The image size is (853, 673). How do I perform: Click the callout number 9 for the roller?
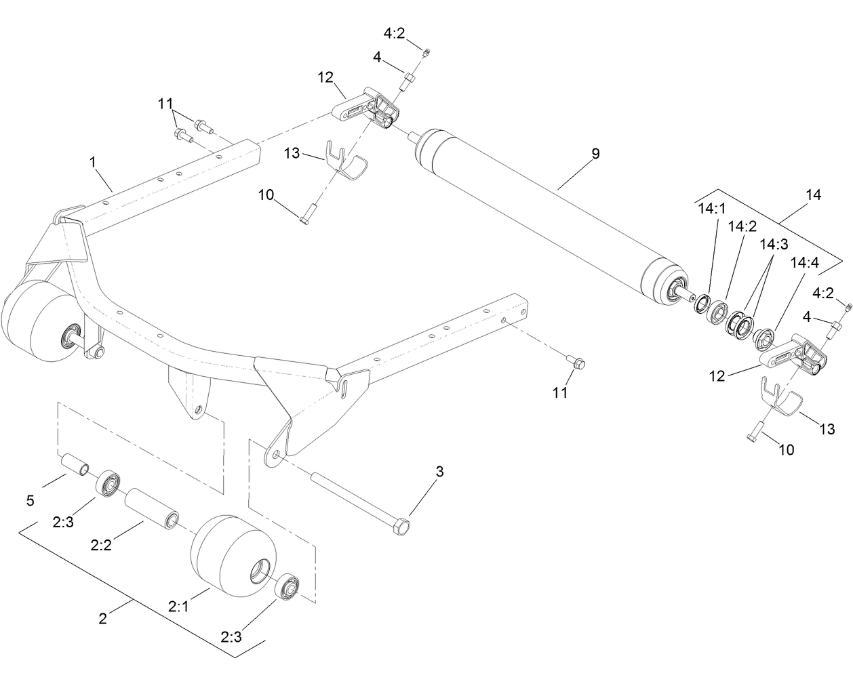click(x=595, y=154)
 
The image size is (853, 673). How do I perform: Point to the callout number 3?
click(x=439, y=472)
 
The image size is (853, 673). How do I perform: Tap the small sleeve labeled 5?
click(x=75, y=466)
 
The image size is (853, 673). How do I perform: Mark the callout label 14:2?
click(x=742, y=226)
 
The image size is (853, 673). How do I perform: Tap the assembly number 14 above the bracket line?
click(x=813, y=195)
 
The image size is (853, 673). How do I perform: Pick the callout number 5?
click(x=30, y=502)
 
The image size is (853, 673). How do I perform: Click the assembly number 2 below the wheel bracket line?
click(x=102, y=618)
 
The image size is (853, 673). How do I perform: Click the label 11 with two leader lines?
click(x=165, y=104)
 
